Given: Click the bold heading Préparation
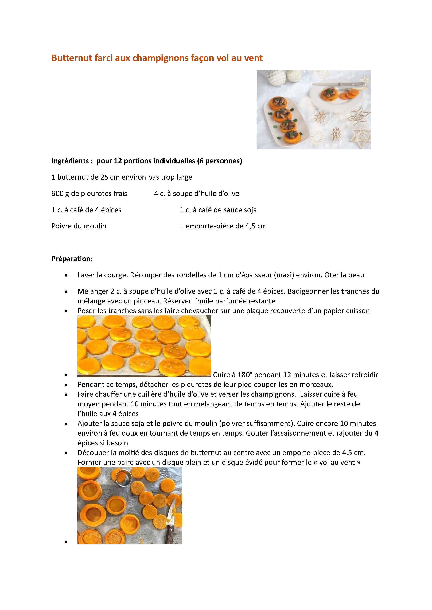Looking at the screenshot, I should [x=71, y=259].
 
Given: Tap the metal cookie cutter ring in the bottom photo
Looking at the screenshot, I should [x=122, y=476].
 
